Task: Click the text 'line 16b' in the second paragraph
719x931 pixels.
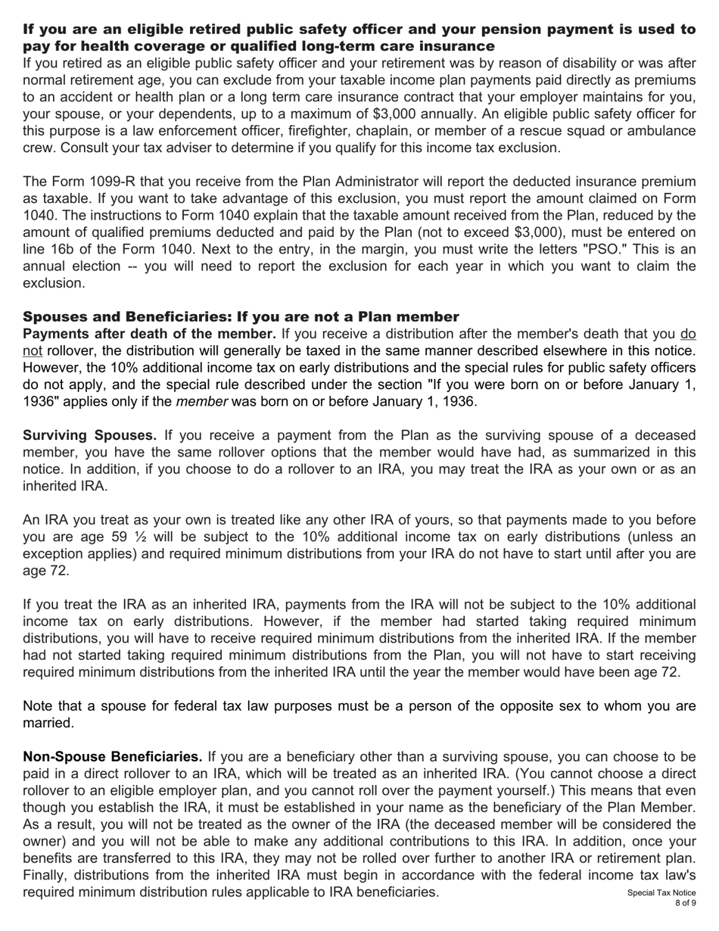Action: pyautogui.click(x=48, y=249)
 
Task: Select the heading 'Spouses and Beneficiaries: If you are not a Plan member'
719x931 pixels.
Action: pyautogui.click(x=241, y=316)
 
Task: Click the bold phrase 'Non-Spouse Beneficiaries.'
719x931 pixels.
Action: pyautogui.click(x=113, y=757)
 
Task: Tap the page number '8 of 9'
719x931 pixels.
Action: pyautogui.click(x=685, y=904)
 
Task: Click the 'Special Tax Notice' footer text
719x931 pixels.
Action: pyautogui.click(x=661, y=893)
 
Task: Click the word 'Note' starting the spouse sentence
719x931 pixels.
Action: pyautogui.click(x=39, y=706)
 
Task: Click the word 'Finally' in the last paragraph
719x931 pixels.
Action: pyautogui.click(x=46, y=875)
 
